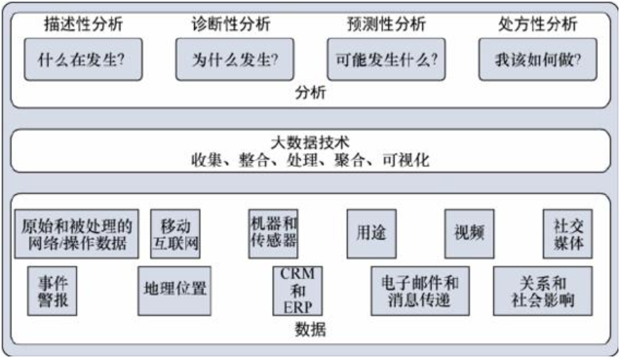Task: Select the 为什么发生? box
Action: [234, 60]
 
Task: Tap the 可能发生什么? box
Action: [386, 60]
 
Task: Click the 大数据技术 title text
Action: [311, 142]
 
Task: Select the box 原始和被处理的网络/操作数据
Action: [77, 233]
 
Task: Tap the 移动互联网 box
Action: [175, 233]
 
